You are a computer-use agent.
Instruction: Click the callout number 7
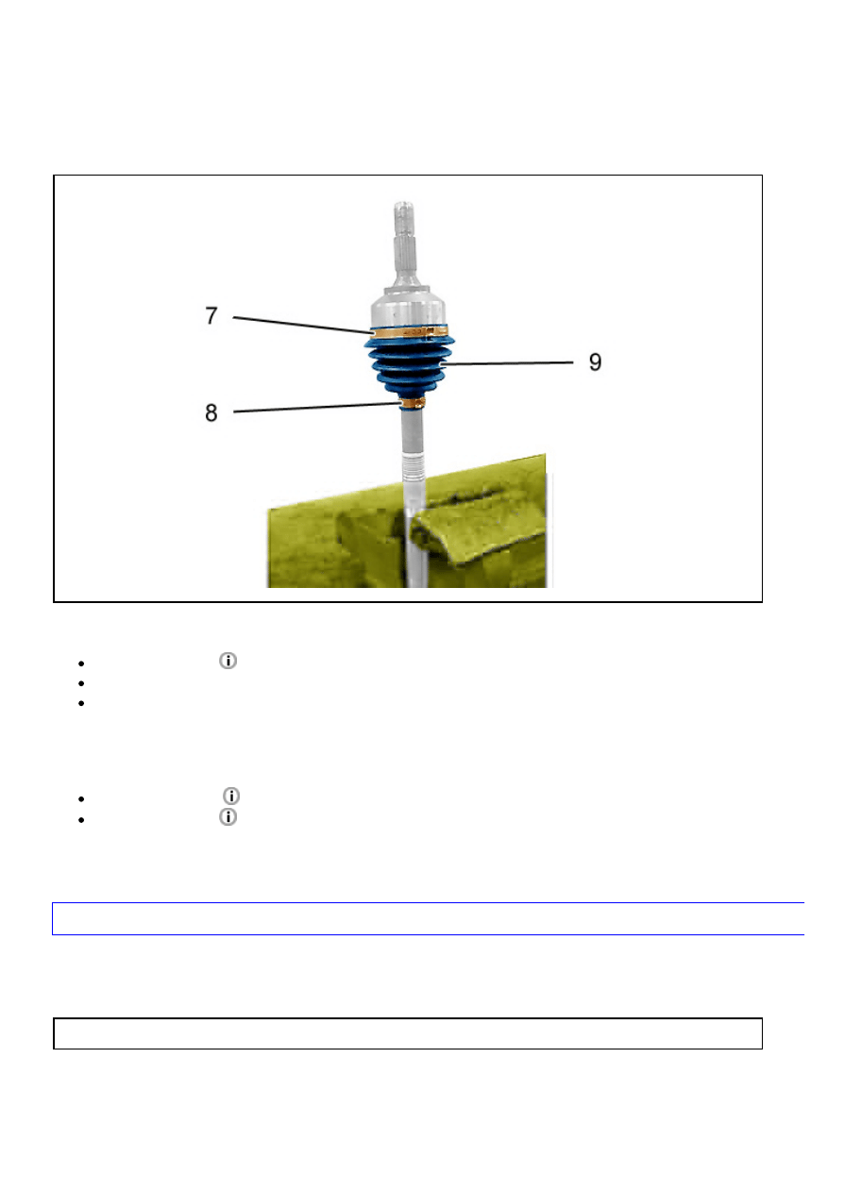[x=211, y=315]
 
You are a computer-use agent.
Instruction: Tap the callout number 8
[x=211, y=413]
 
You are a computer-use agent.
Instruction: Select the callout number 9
[x=595, y=362]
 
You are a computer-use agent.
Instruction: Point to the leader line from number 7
[x=304, y=326]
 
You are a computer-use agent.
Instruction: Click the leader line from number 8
[x=317, y=408]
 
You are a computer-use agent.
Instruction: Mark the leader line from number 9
[x=507, y=363]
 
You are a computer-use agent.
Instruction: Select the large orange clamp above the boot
[x=409, y=331]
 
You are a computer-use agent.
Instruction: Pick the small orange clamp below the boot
[x=413, y=402]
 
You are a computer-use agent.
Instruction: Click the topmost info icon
[x=228, y=661]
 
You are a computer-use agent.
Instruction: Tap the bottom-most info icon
[x=228, y=816]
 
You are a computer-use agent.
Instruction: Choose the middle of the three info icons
[x=231, y=797]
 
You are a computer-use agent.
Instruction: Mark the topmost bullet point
[x=81, y=663]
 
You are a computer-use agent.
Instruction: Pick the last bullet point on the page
[x=81, y=820]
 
